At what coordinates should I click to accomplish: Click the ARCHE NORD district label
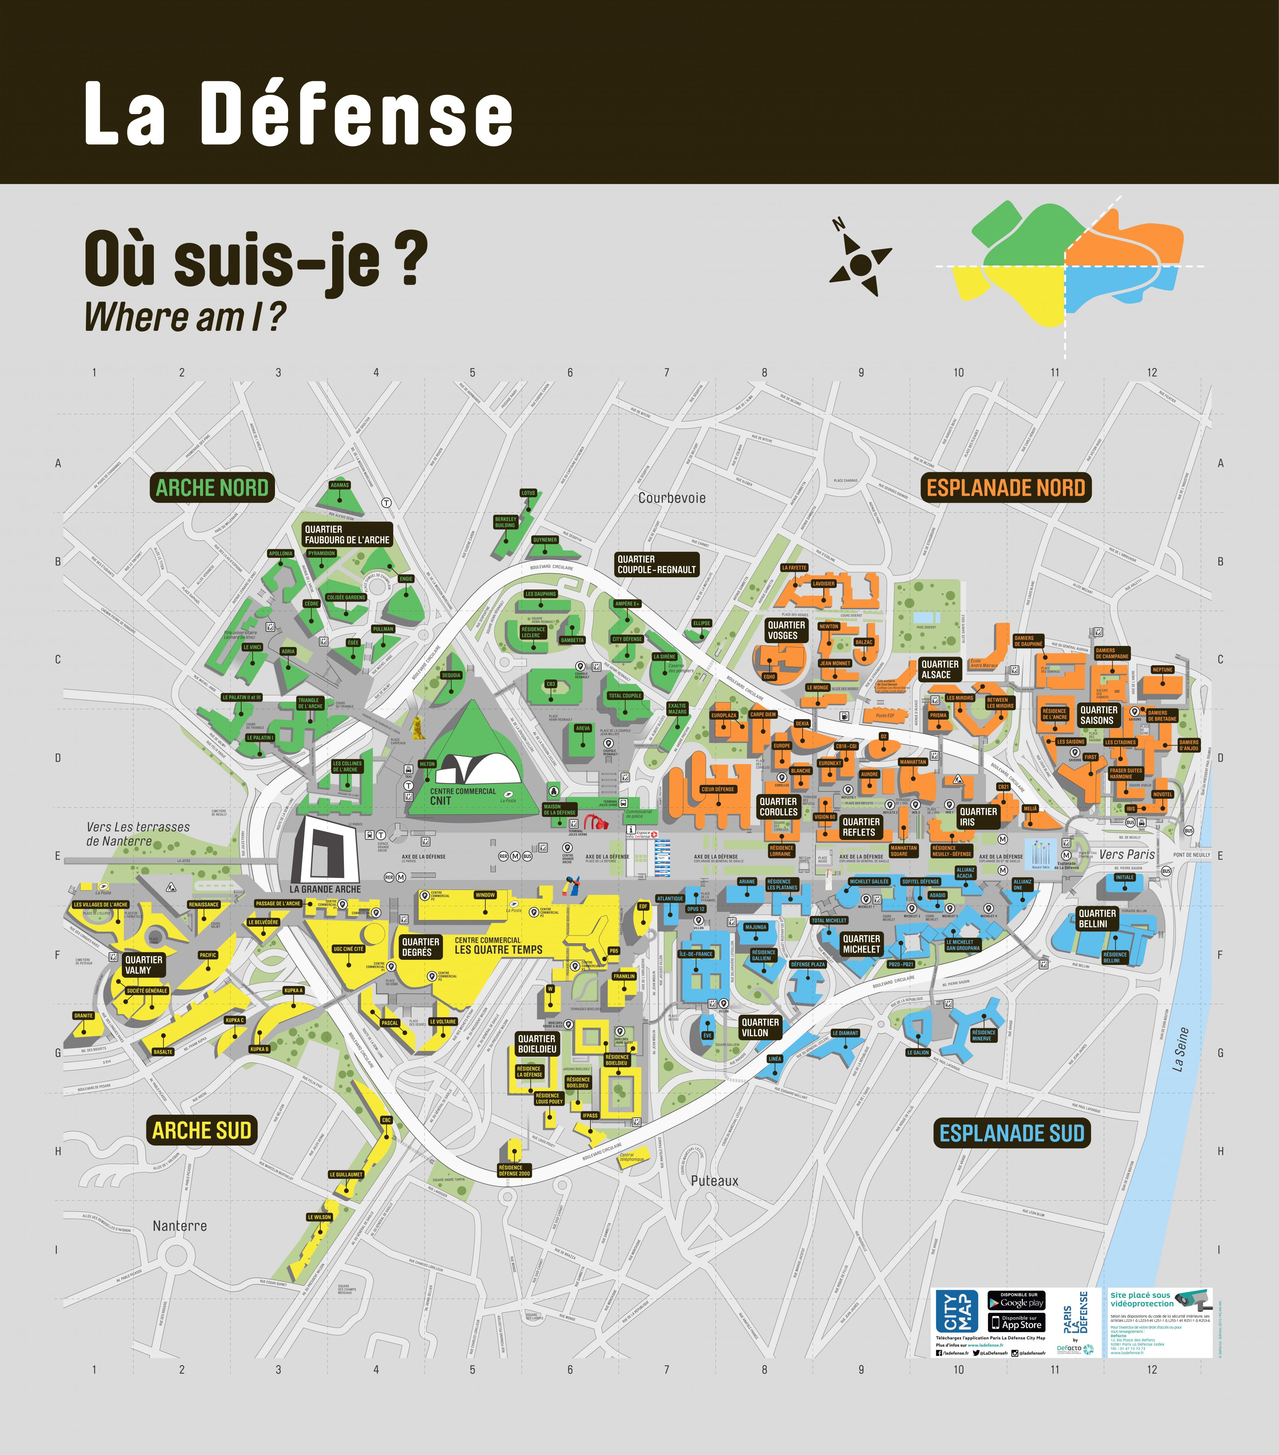(x=212, y=487)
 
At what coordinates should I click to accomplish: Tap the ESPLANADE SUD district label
(x=1011, y=1133)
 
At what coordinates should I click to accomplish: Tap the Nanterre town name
(x=179, y=1226)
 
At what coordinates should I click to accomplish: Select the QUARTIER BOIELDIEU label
(x=537, y=1044)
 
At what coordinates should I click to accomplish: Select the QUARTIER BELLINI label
(x=1097, y=918)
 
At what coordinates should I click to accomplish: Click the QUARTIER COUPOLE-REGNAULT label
(x=656, y=565)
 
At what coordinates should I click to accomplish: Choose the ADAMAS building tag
(x=340, y=485)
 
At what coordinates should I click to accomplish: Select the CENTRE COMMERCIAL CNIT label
(x=463, y=796)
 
